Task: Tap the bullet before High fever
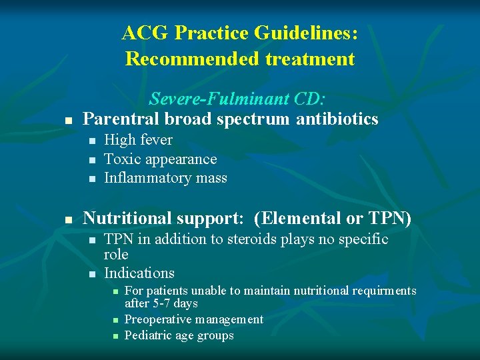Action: point(91,141)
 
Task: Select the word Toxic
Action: point(121,159)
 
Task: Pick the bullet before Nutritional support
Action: point(68,219)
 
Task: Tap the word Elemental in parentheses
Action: point(298,218)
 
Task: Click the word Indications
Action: point(139,273)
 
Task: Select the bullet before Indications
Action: point(91,274)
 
